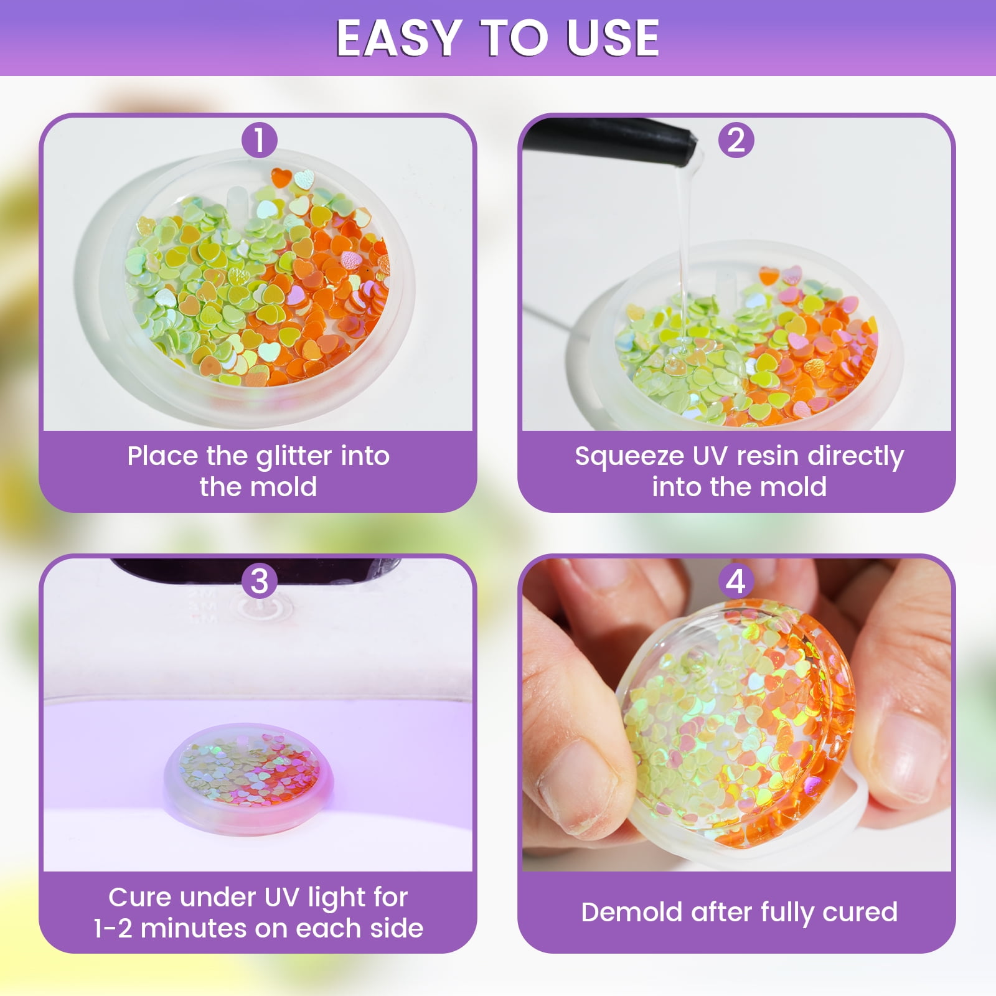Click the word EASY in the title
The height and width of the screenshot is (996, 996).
(x=398, y=39)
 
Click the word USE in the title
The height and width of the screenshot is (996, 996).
(x=613, y=39)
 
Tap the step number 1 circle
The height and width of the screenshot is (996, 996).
(x=259, y=140)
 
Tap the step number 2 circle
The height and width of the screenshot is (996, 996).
(x=736, y=140)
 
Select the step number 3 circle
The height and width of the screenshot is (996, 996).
(x=259, y=581)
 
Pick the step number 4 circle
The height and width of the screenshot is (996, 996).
(x=736, y=581)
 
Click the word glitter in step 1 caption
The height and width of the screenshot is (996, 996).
(x=294, y=457)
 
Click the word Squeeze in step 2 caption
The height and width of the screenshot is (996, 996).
(x=629, y=457)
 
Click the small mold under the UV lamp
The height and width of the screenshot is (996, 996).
(x=248, y=778)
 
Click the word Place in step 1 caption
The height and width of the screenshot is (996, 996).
(x=164, y=456)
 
